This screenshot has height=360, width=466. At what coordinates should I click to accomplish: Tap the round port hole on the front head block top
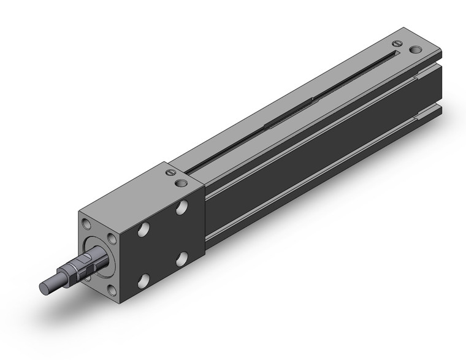coord(180,183)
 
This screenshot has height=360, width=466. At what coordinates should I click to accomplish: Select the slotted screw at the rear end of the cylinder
coord(397,43)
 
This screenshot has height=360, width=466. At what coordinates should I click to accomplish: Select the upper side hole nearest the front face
coord(143,231)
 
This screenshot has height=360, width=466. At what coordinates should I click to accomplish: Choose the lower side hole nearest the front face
coord(143,282)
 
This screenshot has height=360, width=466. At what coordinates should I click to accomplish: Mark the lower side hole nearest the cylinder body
coord(182,258)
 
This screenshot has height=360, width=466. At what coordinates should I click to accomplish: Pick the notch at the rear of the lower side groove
coord(425,114)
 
